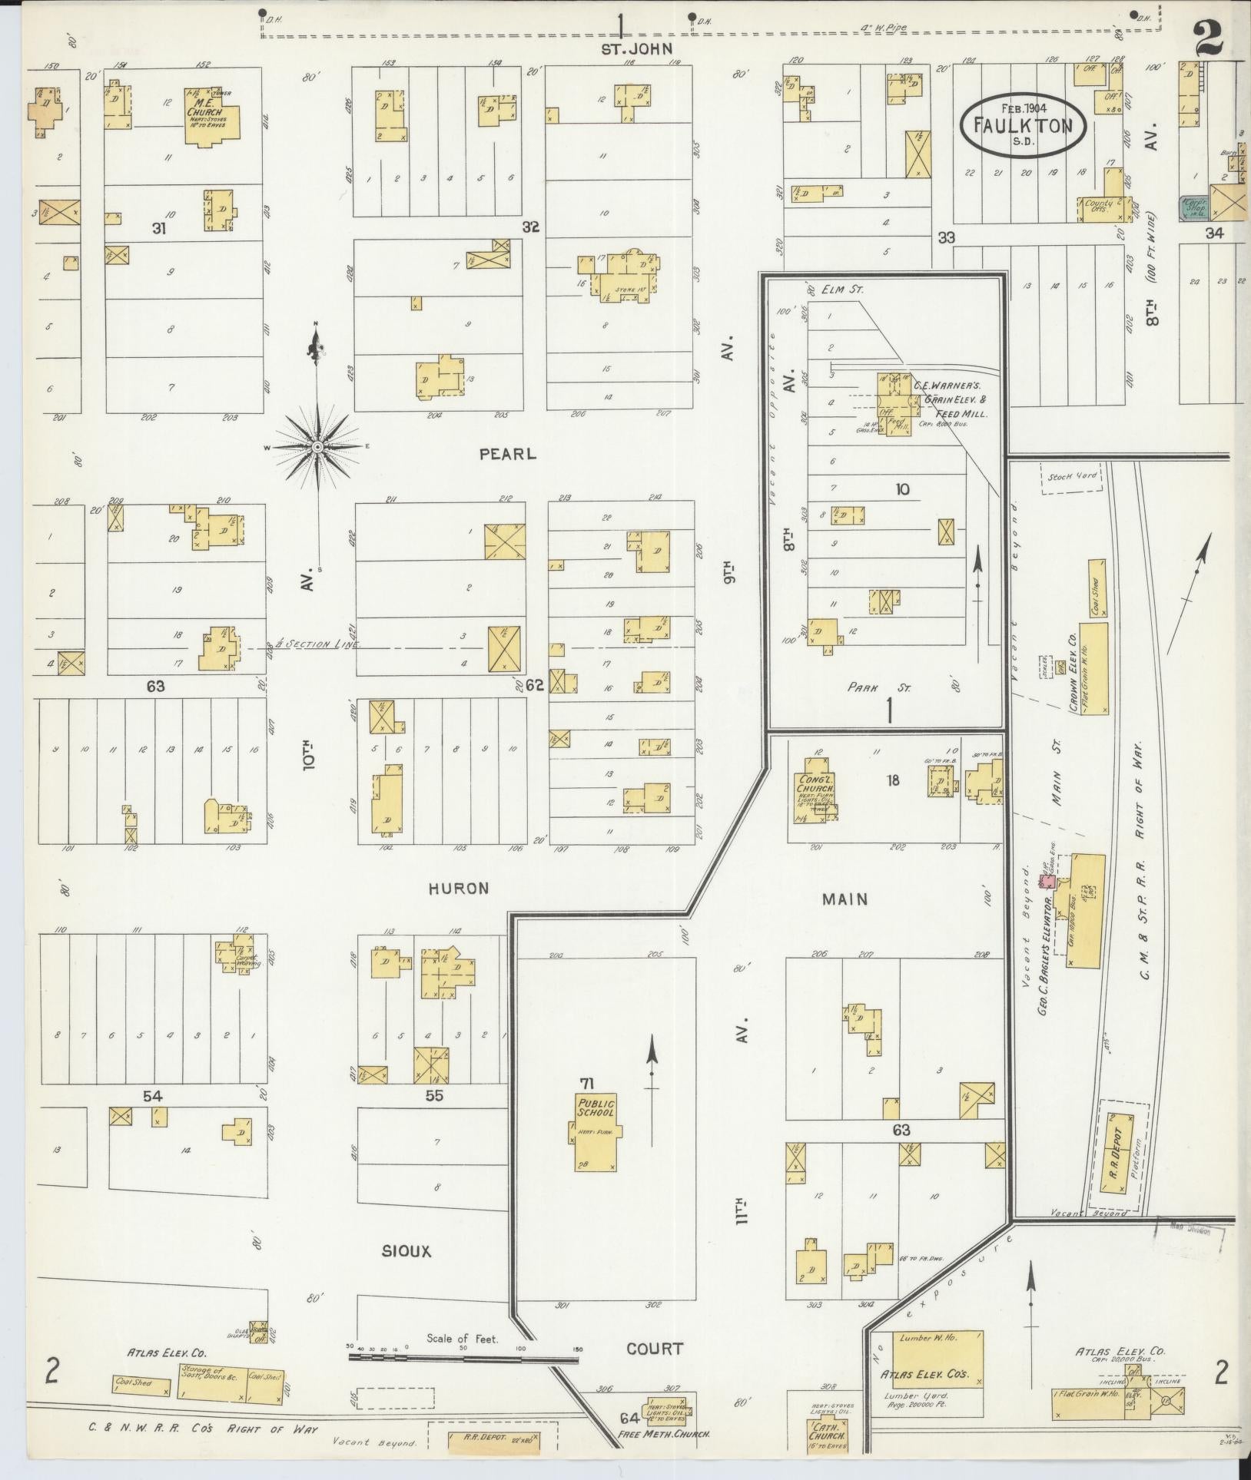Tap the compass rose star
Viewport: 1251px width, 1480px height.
317,446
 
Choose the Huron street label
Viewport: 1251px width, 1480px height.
458,889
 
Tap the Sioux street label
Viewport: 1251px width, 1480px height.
406,1251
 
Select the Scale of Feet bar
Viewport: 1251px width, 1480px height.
463,1357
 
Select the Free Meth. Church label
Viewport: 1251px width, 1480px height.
665,1434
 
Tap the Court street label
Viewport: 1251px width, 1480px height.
654,1349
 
